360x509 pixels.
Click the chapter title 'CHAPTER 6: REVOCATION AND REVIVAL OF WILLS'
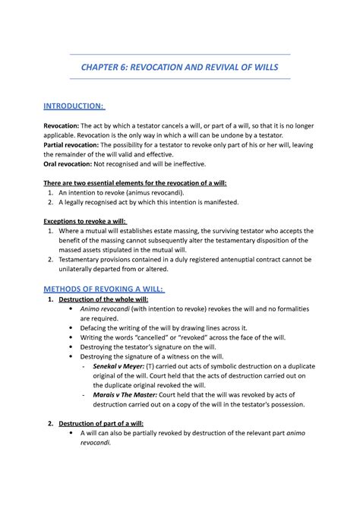point(180,68)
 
